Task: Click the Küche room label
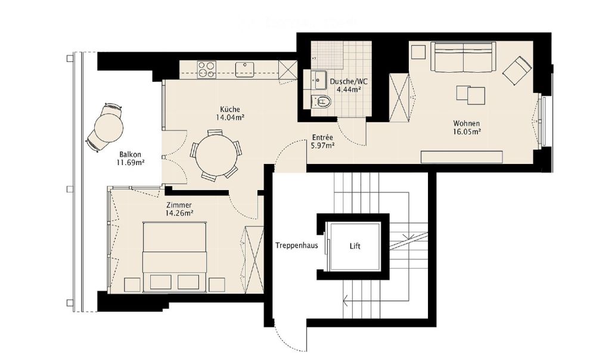tap(230, 110)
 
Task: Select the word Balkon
tap(129, 153)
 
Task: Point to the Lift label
tap(355, 246)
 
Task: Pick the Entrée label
tap(322, 136)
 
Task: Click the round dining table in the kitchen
tap(215, 153)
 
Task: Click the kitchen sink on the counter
tap(245, 70)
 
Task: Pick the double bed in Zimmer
tap(175, 256)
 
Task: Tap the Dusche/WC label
tap(350, 82)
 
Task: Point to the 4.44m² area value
tap(349, 90)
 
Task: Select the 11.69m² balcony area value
tap(132, 162)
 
